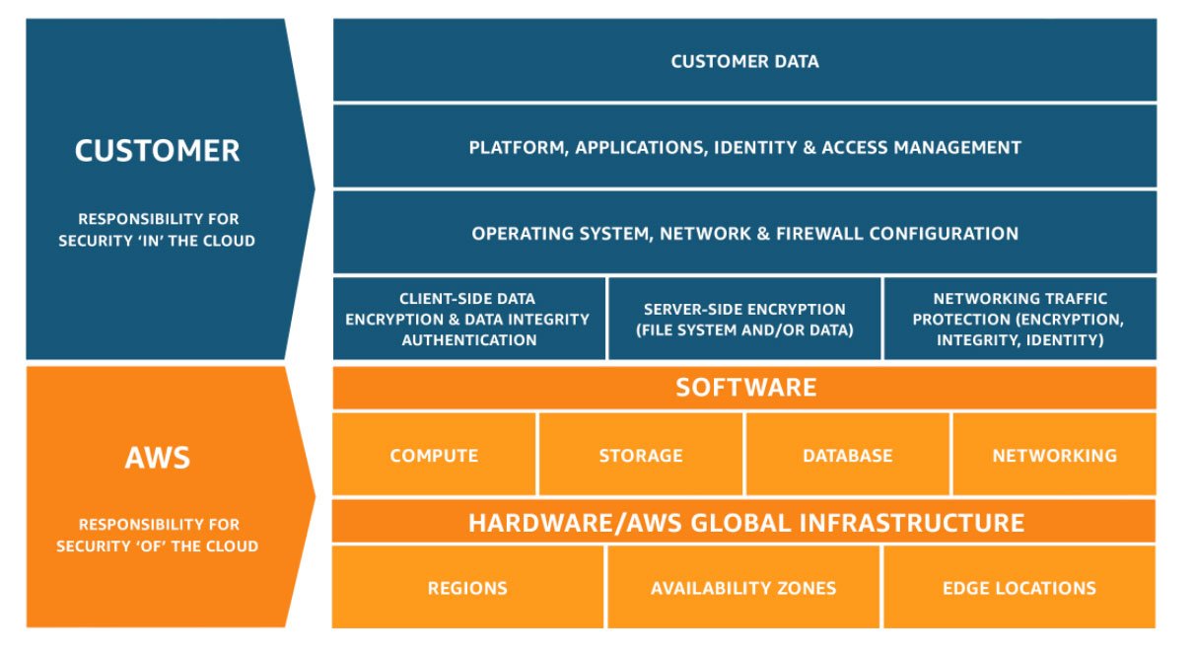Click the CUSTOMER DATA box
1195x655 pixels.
click(744, 61)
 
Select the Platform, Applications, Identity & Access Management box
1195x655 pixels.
click(744, 148)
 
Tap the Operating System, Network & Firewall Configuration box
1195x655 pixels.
click(744, 234)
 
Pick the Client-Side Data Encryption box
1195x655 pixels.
click(469, 319)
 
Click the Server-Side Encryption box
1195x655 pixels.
click(744, 319)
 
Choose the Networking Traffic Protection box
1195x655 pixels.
click(1019, 319)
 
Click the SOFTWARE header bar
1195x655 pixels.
click(744, 387)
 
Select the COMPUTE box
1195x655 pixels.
click(434, 456)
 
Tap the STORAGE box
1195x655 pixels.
click(641, 456)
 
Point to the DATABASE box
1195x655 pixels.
click(847, 456)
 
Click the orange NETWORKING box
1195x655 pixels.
click(1054, 456)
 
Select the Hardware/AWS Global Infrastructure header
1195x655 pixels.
click(744, 522)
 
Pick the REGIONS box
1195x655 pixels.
click(467, 588)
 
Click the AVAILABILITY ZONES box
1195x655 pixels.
click(743, 588)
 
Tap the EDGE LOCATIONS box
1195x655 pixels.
click(1019, 588)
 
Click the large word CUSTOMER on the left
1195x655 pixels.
click(157, 151)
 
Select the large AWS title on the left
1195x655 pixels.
click(158, 458)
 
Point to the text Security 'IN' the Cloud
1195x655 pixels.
click(157, 241)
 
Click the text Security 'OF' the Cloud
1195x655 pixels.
click(157, 546)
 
